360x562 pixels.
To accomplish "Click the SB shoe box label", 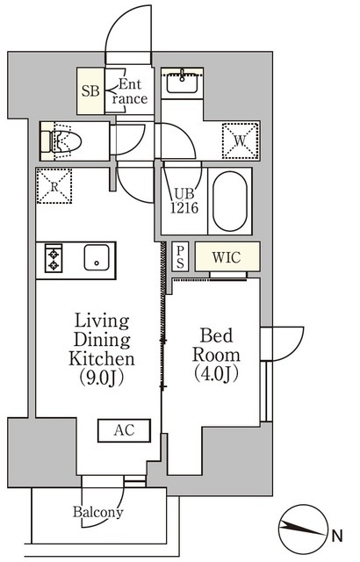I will coord(90,90).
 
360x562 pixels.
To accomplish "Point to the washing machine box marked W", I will coord(239,139).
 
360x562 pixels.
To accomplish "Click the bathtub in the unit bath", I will coord(231,201).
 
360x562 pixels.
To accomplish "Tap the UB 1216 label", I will coord(184,204).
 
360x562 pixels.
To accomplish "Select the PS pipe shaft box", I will coord(179,256).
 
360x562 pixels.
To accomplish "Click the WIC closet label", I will coord(227,257).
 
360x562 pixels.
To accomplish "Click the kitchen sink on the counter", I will coord(94,259).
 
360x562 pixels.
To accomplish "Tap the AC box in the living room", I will coord(124,430).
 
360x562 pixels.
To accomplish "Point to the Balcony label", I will coord(98,512).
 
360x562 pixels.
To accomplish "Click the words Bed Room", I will coord(215,344).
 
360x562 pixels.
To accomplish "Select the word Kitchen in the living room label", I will coord(102,358).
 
